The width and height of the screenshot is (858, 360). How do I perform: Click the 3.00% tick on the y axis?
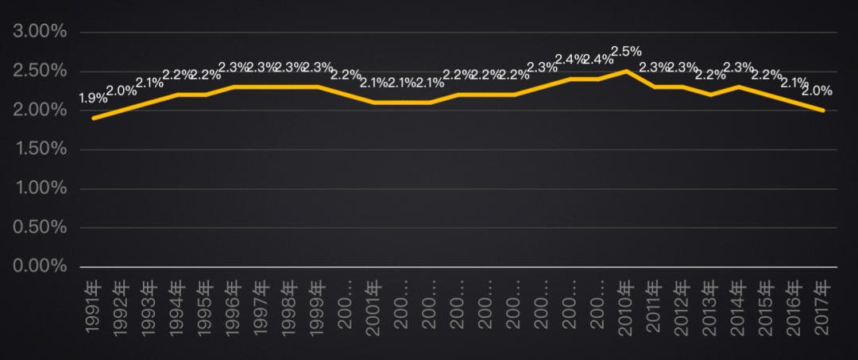point(39,33)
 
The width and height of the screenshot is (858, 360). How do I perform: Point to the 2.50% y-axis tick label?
point(39,72)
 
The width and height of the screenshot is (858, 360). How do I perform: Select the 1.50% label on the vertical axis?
point(39,149)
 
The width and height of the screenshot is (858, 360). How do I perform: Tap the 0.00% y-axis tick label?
point(39,266)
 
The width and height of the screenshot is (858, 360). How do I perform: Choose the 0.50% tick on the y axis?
point(39,227)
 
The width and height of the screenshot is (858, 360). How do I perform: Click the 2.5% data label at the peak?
point(626,52)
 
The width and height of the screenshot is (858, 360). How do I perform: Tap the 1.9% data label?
point(93,99)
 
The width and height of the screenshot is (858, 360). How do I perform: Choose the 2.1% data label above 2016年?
point(794,82)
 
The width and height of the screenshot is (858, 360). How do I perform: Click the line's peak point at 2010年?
point(626,72)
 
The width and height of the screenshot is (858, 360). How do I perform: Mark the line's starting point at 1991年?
point(93,118)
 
